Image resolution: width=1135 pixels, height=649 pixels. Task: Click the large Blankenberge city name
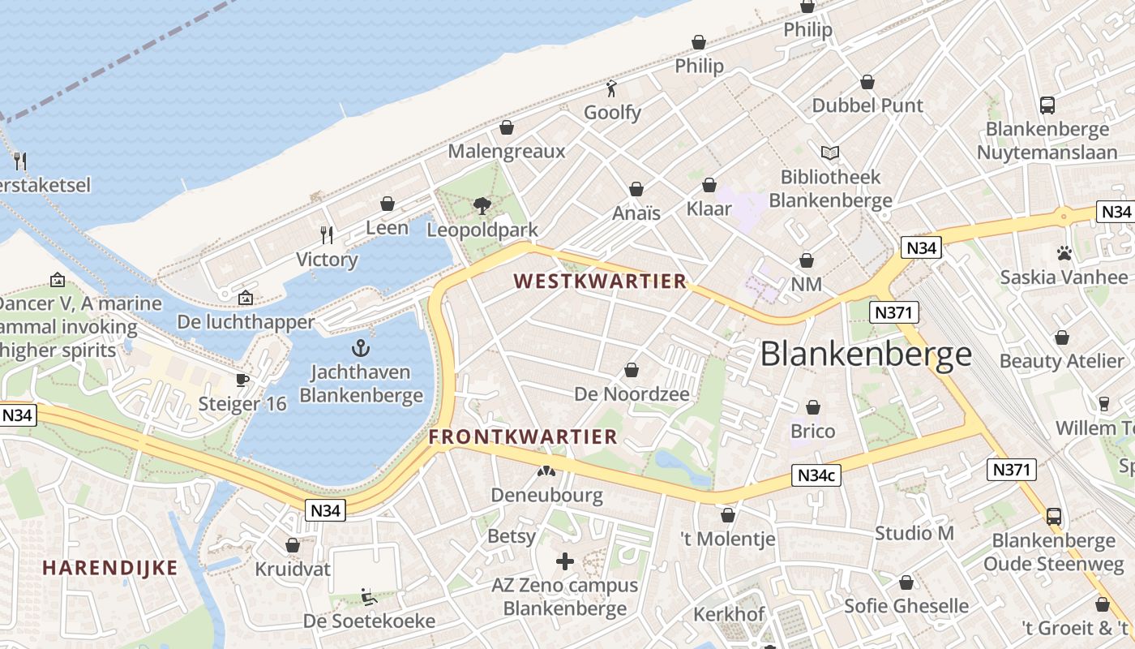(x=866, y=355)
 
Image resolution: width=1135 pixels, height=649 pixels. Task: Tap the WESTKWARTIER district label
(x=601, y=282)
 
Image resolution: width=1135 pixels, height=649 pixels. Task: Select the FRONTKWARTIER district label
(x=523, y=436)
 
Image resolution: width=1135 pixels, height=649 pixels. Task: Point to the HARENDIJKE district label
(x=110, y=568)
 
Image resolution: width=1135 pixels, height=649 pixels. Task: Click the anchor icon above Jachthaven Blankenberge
(x=360, y=349)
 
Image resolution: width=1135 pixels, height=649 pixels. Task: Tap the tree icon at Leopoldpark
(x=482, y=205)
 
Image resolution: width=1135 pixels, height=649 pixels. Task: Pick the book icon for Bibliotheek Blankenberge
(x=830, y=153)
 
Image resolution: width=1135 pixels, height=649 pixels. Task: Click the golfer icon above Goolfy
(x=612, y=88)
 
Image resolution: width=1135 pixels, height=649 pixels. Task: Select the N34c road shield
(x=816, y=475)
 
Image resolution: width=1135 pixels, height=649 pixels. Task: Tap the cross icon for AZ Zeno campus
(x=565, y=561)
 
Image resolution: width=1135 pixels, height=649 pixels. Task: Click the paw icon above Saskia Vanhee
(x=1064, y=253)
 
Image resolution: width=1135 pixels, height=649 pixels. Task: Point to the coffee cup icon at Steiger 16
(x=242, y=380)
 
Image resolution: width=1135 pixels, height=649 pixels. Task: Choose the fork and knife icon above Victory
(x=327, y=235)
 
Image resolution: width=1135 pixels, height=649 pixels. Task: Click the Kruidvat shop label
(x=293, y=569)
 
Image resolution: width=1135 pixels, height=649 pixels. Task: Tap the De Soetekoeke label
(x=369, y=621)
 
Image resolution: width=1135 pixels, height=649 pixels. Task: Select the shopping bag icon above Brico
(x=812, y=407)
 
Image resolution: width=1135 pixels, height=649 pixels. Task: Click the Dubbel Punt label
(x=867, y=105)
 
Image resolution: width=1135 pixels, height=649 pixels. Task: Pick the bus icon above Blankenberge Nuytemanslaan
(x=1047, y=105)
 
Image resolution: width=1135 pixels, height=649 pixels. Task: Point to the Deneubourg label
(x=546, y=495)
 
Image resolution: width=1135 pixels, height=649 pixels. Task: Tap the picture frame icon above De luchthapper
(x=246, y=298)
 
